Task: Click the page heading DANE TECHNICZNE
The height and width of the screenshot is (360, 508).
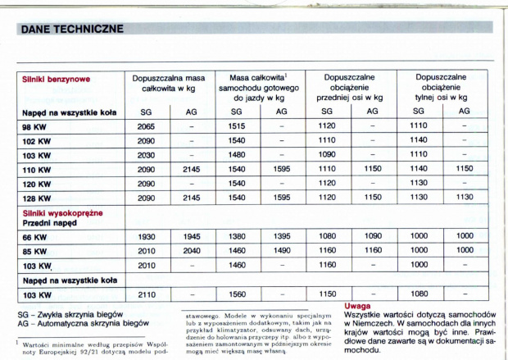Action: pos(71,30)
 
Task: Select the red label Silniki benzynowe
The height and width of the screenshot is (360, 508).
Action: pos(56,80)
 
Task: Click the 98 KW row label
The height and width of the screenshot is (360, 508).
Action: pos(35,126)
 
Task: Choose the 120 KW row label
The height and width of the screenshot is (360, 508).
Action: pos(37,183)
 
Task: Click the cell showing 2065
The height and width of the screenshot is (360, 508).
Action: pos(146,126)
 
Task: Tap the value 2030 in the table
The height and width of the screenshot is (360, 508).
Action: pos(146,154)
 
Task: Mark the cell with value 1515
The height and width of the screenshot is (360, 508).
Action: pos(236,126)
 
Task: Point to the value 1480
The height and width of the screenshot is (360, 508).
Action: pos(236,154)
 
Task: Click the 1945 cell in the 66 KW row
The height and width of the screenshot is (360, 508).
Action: pos(191,236)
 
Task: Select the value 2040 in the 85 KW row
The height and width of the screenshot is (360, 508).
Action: pos(191,250)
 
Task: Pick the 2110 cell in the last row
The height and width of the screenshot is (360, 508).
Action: pos(146,294)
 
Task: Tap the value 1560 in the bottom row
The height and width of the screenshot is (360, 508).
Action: pos(236,294)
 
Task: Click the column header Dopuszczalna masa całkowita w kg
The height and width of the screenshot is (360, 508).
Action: pos(168,81)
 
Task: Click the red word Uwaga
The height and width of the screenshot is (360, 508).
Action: pos(358,305)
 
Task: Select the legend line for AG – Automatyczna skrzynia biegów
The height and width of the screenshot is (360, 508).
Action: pos(82,322)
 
